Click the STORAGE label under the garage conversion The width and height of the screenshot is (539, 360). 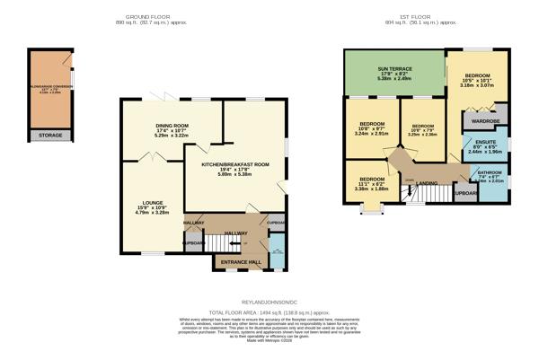pos(51,136)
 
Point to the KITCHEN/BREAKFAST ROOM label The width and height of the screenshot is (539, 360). pos(235,165)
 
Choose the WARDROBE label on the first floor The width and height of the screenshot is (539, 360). pos(486,119)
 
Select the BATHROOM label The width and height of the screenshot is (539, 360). pos(490,172)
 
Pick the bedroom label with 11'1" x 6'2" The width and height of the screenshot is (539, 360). pos(371,178)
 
